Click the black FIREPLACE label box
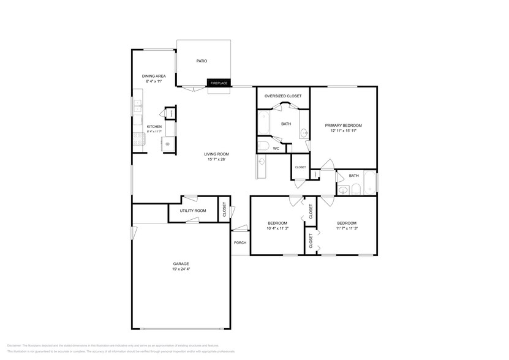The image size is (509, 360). coord(219,83)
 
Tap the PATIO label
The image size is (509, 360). coord(202,61)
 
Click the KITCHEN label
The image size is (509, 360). coord(154,127)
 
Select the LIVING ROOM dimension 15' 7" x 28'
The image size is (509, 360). coord(217,159)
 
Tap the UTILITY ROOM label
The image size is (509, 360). coord(192,211)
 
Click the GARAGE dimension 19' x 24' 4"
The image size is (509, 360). coord(180,268)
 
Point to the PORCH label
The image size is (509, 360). coord(240,242)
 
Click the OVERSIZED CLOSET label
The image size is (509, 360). coord(282,96)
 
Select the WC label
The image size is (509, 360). coord(276,148)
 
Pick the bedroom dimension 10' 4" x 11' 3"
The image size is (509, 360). coord(277,228)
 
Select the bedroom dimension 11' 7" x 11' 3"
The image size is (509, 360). coord(347,228)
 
